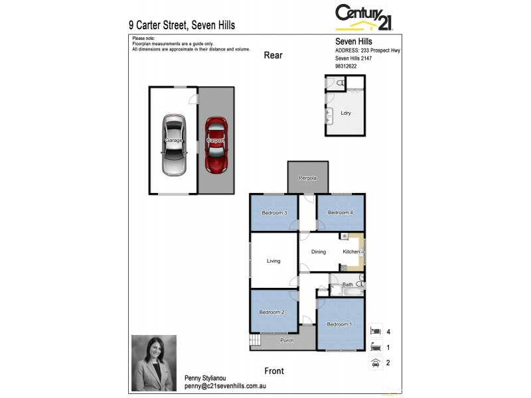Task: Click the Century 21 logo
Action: [x=364, y=17]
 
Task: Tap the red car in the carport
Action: [x=215, y=144]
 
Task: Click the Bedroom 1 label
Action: [x=339, y=324]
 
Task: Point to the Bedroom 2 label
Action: [x=271, y=312]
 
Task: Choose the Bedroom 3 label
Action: [x=274, y=213]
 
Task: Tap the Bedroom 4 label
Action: [x=340, y=213]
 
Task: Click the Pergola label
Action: [x=307, y=178]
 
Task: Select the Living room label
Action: [x=274, y=261]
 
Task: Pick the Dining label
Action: [x=319, y=252]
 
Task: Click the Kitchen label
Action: [x=351, y=252]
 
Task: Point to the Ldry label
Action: [x=346, y=113]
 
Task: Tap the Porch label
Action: [x=287, y=341]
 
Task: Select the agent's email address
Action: [x=225, y=386]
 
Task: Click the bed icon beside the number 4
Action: [x=376, y=330]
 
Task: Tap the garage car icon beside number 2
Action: [x=376, y=363]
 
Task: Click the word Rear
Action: [x=273, y=55]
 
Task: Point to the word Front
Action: [x=273, y=371]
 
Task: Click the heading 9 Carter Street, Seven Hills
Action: [x=182, y=25]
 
